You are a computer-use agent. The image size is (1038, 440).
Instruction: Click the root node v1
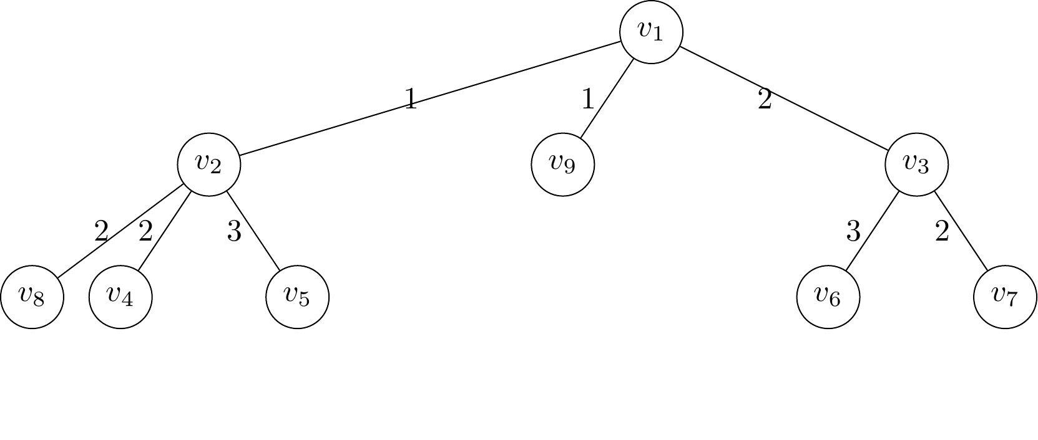coord(651,32)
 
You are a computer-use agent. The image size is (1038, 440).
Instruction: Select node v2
coord(208,165)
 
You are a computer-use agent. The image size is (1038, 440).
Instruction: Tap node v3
coord(916,165)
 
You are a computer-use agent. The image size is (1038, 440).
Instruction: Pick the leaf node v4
coord(120,297)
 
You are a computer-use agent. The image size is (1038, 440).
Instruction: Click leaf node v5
coord(297,297)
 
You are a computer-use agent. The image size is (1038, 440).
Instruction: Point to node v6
coord(828,297)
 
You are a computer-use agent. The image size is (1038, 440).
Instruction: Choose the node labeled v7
coord(1005,297)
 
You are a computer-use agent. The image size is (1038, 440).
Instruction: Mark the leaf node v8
coord(32,297)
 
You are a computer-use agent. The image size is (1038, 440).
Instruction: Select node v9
coord(562,165)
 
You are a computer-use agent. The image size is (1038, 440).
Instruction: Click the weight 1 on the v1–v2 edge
coord(410,100)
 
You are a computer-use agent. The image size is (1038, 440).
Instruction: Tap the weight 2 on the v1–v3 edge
coord(765,100)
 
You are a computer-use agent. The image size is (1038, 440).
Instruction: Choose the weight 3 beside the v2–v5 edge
coord(234,232)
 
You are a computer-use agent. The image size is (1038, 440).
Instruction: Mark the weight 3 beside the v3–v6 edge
coord(853,232)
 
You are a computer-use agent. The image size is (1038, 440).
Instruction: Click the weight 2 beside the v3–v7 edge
coord(942,232)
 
